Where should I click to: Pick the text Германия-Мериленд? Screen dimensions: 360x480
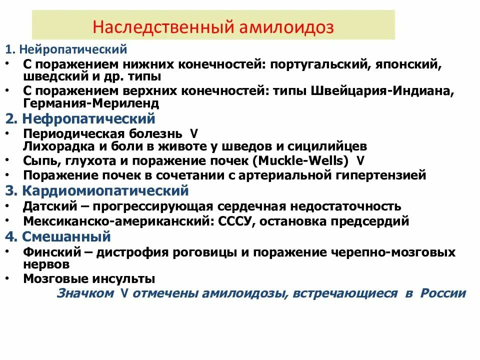91,103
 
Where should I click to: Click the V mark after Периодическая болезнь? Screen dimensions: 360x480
194,134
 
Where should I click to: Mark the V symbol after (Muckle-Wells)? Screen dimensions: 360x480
361,161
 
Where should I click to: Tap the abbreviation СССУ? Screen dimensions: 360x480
237,221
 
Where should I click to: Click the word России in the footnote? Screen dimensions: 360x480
443,293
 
